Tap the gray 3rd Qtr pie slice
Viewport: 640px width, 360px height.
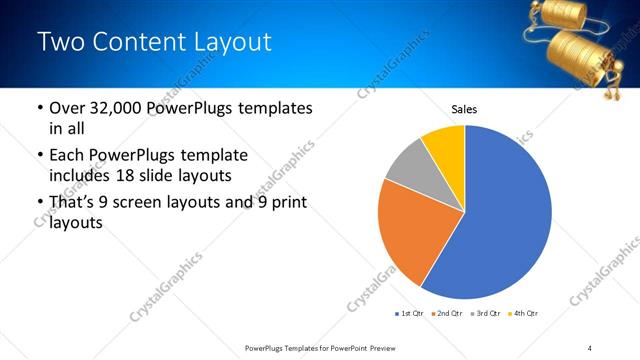(407, 166)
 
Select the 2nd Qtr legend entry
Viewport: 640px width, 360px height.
(446, 313)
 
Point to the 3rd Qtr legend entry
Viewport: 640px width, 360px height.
(485, 313)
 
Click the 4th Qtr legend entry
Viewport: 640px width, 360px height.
(523, 313)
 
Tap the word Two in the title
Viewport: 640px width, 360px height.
(59, 42)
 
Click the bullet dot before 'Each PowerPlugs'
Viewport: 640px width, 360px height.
(39, 156)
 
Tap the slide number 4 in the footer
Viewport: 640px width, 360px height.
(590, 347)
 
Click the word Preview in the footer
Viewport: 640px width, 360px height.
(403, 347)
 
